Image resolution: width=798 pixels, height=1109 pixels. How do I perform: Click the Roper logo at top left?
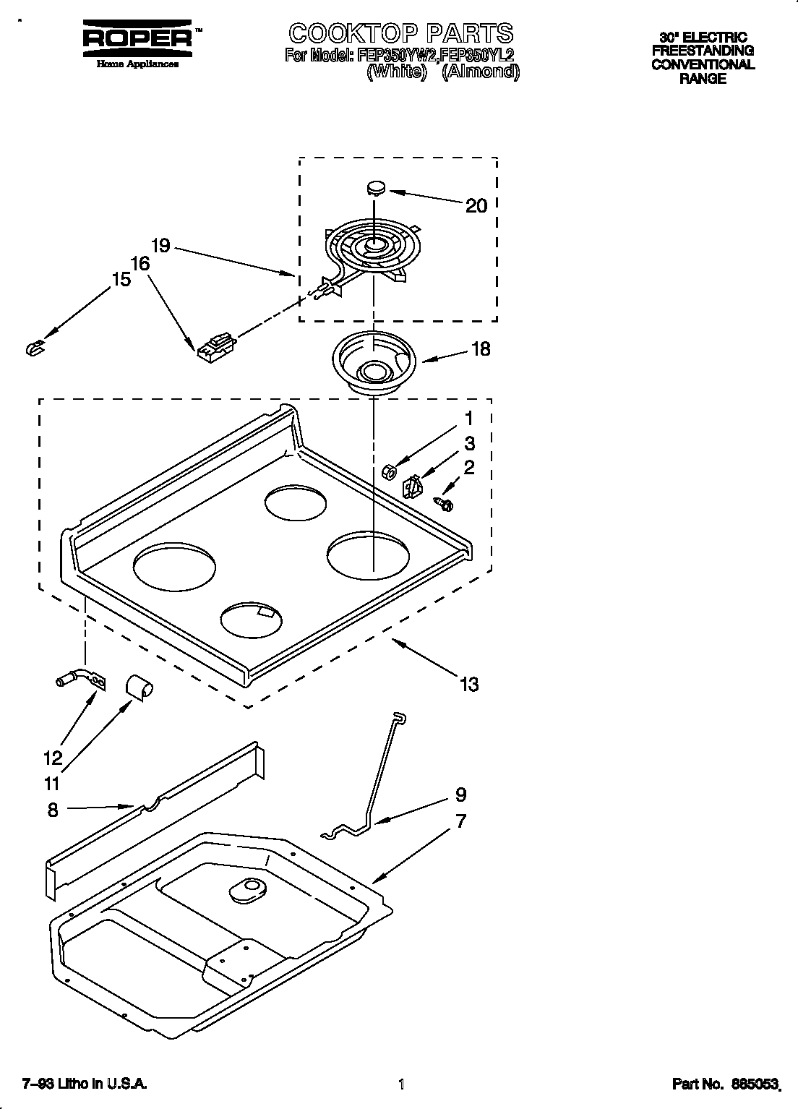(x=137, y=40)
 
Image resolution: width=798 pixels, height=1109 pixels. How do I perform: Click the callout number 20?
(x=476, y=206)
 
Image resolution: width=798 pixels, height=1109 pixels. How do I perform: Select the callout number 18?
(x=480, y=349)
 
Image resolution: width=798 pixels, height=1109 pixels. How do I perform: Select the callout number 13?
(x=469, y=683)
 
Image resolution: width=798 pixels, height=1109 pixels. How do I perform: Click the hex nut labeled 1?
(x=388, y=471)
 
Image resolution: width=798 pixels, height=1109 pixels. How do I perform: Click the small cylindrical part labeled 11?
(x=138, y=686)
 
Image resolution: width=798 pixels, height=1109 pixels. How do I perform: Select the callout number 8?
(x=52, y=810)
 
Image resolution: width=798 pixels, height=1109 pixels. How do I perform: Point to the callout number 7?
(x=460, y=821)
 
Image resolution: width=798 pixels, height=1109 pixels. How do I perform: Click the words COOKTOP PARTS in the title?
(x=400, y=33)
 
